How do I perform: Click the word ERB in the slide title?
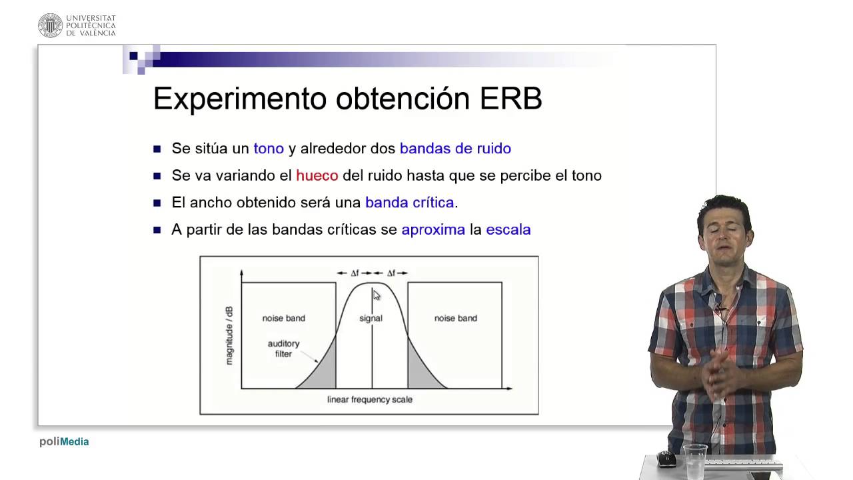tap(510, 99)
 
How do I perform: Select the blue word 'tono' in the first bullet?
tap(269, 149)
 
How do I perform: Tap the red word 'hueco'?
tap(317, 175)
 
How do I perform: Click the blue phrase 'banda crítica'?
tap(409, 203)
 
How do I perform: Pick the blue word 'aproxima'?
tap(433, 230)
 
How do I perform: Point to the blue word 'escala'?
tap(508, 230)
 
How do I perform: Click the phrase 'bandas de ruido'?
tap(455, 149)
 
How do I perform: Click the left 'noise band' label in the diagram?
tap(283, 318)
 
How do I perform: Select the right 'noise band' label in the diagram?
tap(455, 318)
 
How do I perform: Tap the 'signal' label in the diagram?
tap(371, 318)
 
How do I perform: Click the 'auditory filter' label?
tap(283, 349)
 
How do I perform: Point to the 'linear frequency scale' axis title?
tap(369, 400)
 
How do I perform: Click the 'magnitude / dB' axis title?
tap(229, 335)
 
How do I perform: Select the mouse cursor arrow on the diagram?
tap(376, 295)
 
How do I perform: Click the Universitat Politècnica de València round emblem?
tap(50, 25)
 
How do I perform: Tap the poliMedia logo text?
tap(64, 441)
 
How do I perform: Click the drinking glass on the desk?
tap(695, 460)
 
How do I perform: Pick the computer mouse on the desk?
tap(666, 459)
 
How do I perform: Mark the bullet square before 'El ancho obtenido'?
tap(157, 203)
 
